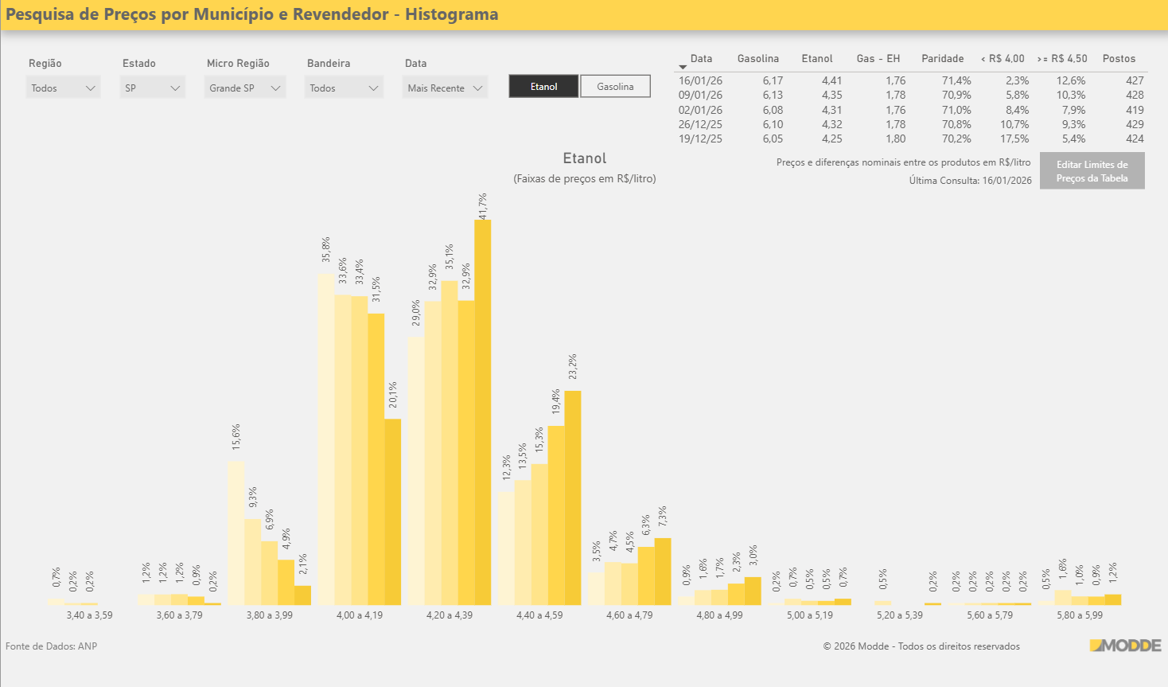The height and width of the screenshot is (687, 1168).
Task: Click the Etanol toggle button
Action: pyautogui.click(x=543, y=87)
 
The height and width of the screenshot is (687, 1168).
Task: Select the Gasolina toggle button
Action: pyautogui.click(x=615, y=87)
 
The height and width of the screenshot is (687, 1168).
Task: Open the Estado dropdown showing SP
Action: pyautogui.click(x=153, y=88)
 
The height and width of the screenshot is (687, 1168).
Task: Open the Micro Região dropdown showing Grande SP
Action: pyautogui.click(x=245, y=88)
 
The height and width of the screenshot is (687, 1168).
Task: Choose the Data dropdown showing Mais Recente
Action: pyautogui.click(x=445, y=88)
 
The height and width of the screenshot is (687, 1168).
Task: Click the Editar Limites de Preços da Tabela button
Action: pyautogui.click(x=1092, y=171)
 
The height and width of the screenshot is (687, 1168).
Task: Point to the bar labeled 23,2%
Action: pyautogui.click(x=573, y=498)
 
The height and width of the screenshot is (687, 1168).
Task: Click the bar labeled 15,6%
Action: pyautogui.click(x=236, y=533)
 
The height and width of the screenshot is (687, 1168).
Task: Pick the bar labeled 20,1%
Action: pyautogui.click(x=393, y=512)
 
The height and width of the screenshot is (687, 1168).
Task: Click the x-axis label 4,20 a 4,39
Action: pyautogui.click(x=450, y=615)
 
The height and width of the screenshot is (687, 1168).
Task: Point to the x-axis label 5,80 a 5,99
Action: pyautogui.click(x=1080, y=615)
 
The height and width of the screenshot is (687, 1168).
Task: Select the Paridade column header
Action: pyautogui.click(x=942, y=59)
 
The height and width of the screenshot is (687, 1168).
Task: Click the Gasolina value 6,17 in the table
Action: pyautogui.click(x=773, y=80)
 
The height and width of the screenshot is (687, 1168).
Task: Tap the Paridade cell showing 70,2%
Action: pyautogui.click(x=956, y=139)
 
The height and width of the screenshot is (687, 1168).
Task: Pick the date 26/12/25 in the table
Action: pyautogui.click(x=700, y=124)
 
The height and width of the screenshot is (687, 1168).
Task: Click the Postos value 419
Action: pyautogui.click(x=1135, y=110)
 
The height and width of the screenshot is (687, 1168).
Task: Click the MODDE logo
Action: pyautogui.click(x=1125, y=646)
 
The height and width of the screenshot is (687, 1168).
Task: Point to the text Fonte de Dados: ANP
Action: pyautogui.click(x=52, y=646)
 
